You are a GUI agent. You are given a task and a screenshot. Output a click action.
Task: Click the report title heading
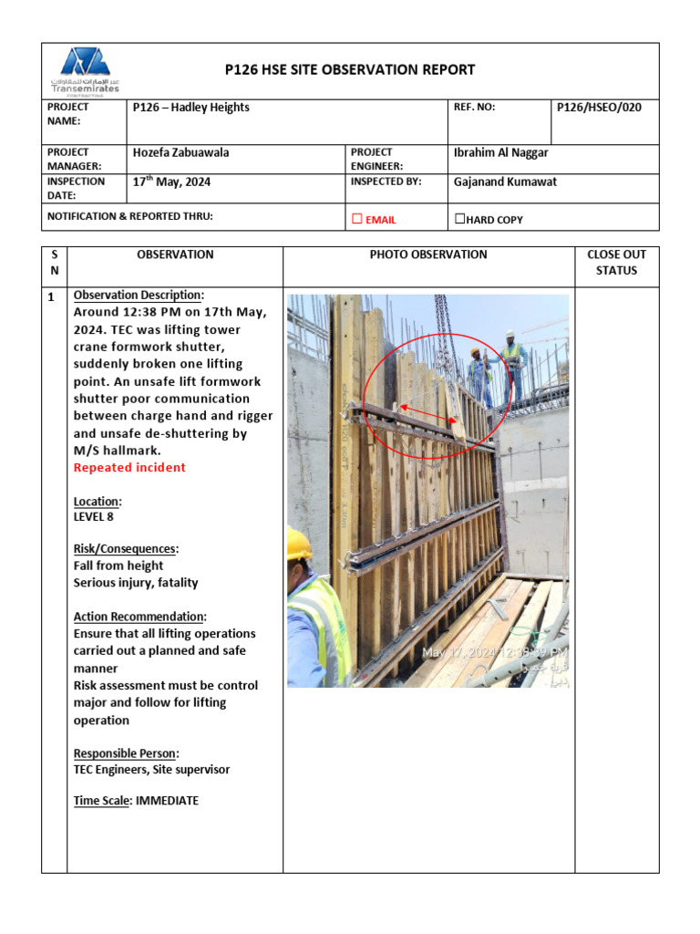[350, 69]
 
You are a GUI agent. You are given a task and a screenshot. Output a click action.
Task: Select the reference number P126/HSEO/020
[599, 108]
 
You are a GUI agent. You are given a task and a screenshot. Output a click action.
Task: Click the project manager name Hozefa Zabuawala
[181, 152]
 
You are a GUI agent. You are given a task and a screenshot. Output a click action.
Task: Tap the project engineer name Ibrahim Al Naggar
[501, 152]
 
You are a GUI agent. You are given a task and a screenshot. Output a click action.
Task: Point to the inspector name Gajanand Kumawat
[504, 182]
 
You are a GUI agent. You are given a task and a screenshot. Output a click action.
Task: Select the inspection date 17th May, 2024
[172, 182]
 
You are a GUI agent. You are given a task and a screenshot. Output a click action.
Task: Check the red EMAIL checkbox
[357, 219]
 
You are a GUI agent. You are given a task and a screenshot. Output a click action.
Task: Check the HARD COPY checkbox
[459, 219]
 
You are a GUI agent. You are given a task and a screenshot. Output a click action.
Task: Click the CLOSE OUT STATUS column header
[616, 263]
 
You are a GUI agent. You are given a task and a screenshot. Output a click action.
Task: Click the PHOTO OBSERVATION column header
[428, 254]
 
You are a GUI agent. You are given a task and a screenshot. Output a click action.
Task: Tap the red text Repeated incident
[129, 468]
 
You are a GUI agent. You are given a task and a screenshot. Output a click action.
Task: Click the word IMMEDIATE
[167, 801]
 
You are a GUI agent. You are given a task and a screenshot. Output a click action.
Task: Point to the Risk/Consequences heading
[125, 549]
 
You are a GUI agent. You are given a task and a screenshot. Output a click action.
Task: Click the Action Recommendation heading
[139, 617]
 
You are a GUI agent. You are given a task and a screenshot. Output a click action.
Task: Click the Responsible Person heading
[126, 753]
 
